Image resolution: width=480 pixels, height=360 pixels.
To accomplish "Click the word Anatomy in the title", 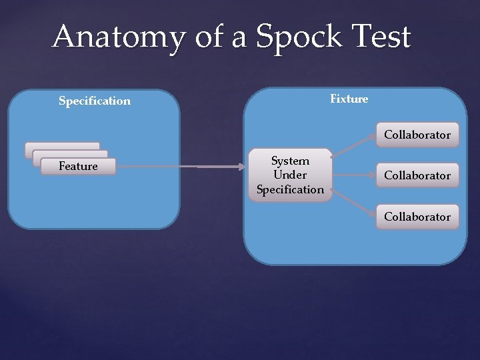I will click(x=118, y=37).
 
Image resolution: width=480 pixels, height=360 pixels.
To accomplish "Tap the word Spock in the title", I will click(x=293, y=37).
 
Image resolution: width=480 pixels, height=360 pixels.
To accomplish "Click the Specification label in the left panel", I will click(x=95, y=101).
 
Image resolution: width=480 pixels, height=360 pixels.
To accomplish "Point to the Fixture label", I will click(x=349, y=99).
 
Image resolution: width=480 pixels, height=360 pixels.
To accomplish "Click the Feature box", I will click(x=78, y=167).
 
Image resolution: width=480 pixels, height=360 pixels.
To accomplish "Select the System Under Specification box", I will click(x=290, y=175).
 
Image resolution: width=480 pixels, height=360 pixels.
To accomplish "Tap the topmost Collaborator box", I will click(x=417, y=135).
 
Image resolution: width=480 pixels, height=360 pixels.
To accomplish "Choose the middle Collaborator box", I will click(x=417, y=176).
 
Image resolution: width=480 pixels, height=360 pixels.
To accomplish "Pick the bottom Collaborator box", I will click(x=417, y=217).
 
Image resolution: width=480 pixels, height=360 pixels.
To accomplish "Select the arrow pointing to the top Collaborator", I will click(x=353, y=149).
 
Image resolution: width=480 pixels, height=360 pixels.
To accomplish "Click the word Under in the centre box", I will click(x=290, y=175).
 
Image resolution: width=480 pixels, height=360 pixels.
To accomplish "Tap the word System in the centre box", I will click(x=290, y=161).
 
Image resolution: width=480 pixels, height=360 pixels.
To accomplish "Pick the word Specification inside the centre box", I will click(x=290, y=189).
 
